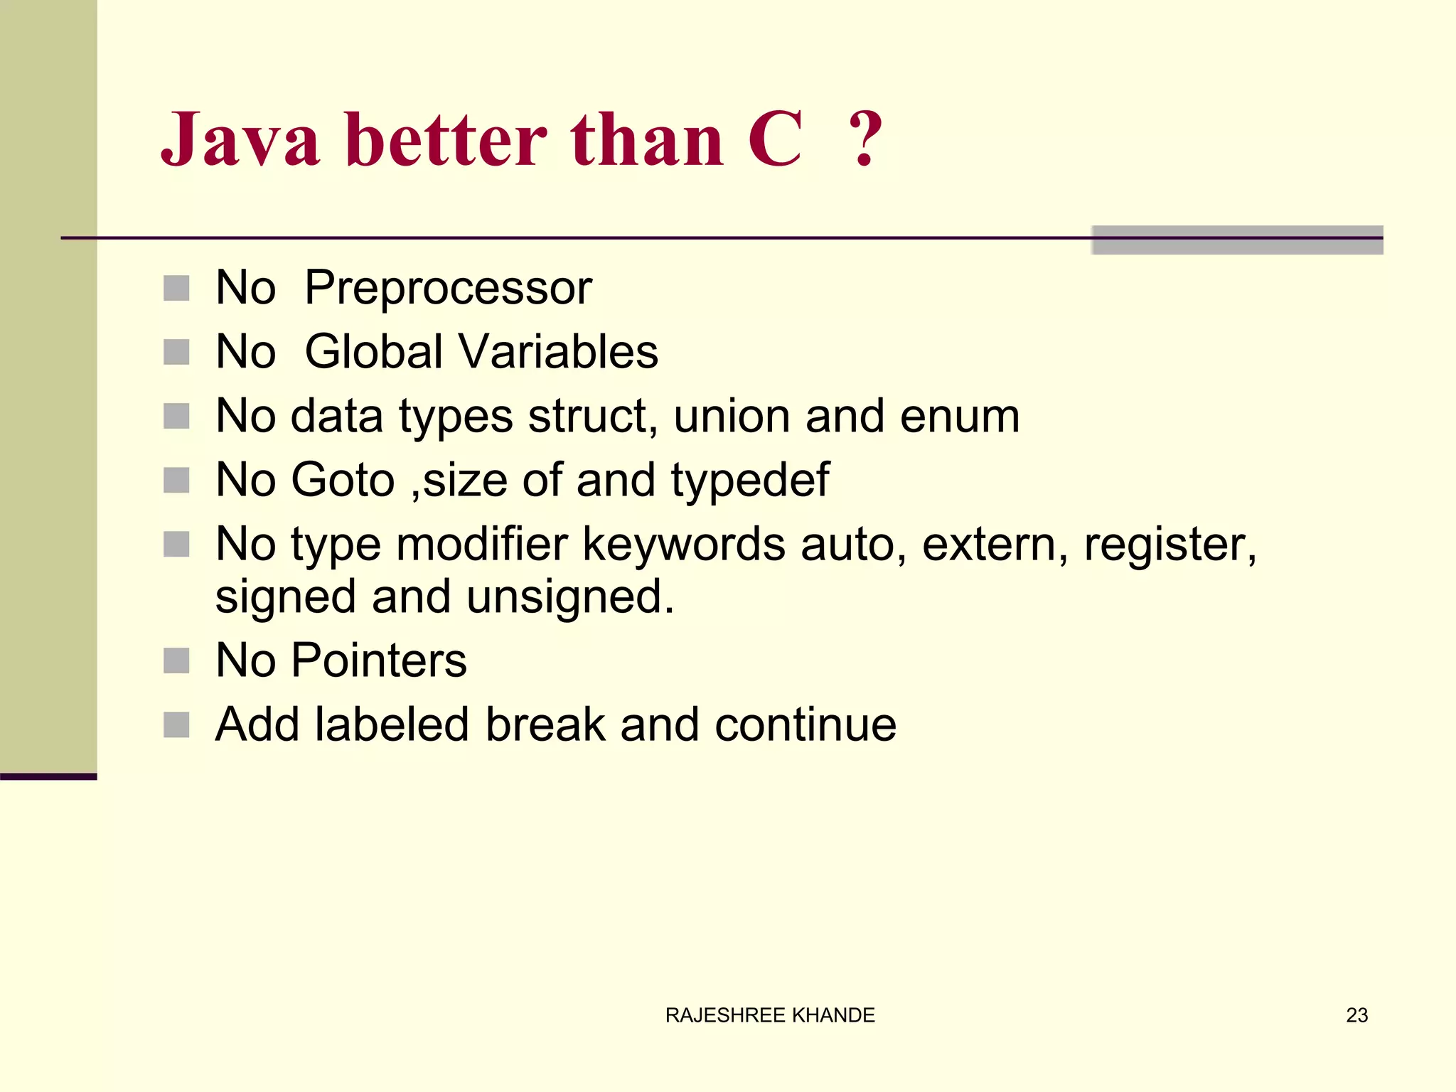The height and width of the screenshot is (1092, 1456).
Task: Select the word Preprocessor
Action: click(448, 289)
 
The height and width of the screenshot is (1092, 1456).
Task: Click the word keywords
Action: click(684, 545)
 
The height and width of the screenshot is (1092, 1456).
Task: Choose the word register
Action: click(1169, 545)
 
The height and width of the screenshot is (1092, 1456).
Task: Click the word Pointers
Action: click(379, 660)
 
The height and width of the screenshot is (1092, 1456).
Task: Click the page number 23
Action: click(1356, 1015)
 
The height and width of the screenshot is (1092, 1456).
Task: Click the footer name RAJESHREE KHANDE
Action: click(770, 1015)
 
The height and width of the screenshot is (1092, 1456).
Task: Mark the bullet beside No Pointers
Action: click(176, 660)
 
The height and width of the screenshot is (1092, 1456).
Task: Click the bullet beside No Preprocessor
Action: click(176, 289)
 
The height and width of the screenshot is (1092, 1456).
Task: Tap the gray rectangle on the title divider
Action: click(1237, 240)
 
